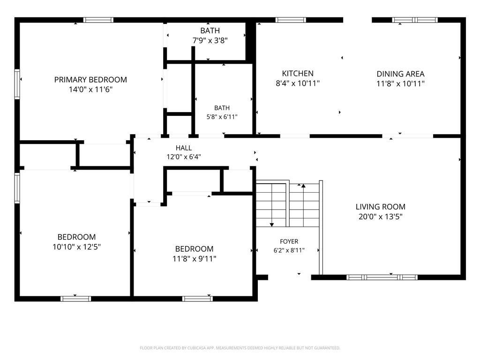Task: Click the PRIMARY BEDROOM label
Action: point(90,80)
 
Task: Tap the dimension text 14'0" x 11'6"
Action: point(90,90)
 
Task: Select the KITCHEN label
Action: point(298,74)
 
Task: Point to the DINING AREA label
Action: point(400,74)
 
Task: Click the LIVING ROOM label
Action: point(381,207)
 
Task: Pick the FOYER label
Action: point(289,241)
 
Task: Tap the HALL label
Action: point(184,148)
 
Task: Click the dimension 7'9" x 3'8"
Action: point(210,40)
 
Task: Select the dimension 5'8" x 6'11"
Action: point(222,117)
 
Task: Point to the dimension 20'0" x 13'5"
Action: point(381,217)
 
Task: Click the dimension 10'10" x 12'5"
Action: point(76,247)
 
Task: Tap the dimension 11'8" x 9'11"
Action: point(195,259)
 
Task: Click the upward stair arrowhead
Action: point(303,186)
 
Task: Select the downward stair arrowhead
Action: point(272,225)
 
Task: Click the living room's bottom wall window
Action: point(382,277)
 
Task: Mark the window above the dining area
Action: point(415,20)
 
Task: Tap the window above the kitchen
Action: point(291,20)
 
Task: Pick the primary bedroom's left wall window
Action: point(17,84)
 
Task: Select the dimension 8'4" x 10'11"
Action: point(298,83)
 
